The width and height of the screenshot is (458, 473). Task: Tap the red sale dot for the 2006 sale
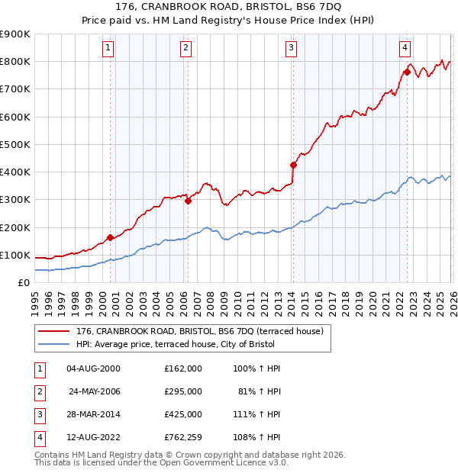pos(188,201)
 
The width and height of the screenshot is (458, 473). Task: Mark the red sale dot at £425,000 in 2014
pos(293,165)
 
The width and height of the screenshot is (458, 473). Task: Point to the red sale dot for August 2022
pos(407,72)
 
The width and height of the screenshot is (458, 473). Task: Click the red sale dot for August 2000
pos(110,237)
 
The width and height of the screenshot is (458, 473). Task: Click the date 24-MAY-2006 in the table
pos(95,391)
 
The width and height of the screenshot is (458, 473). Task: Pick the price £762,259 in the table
pos(182,437)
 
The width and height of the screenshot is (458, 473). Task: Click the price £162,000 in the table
pos(182,368)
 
